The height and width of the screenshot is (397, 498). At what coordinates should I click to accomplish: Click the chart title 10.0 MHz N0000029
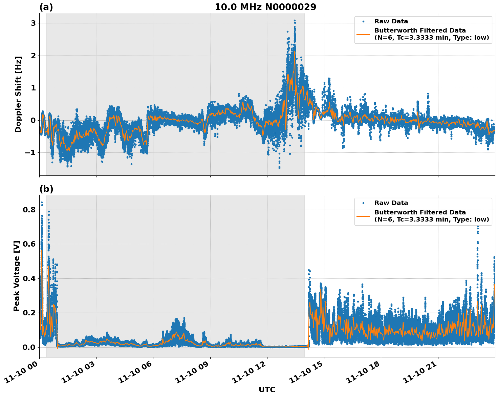(x=265, y=7)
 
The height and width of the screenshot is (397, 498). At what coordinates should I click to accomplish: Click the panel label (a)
(x=46, y=7)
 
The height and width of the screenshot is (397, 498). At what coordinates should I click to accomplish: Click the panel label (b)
(x=46, y=189)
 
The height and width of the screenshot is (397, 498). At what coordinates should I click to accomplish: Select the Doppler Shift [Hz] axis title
(x=18, y=94)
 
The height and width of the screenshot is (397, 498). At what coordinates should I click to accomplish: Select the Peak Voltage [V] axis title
(x=17, y=276)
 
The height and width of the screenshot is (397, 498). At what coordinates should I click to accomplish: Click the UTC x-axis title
(x=267, y=390)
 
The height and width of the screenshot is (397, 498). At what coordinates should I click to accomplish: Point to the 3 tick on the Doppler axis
(x=33, y=23)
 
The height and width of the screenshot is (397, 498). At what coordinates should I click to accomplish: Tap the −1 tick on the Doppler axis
(x=30, y=153)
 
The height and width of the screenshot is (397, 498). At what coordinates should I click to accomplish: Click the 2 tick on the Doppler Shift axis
(x=33, y=56)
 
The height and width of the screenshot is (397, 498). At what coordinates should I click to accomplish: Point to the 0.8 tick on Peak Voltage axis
(x=29, y=210)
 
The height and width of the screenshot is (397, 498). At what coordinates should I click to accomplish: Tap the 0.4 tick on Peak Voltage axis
(x=29, y=279)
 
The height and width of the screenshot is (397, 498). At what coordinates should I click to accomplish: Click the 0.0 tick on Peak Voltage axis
(x=29, y=348)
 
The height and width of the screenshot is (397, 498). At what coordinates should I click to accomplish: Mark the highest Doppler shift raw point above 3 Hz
(x=295, y=21)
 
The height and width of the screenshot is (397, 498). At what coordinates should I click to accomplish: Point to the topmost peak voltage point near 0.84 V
(x=42, y=203)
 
